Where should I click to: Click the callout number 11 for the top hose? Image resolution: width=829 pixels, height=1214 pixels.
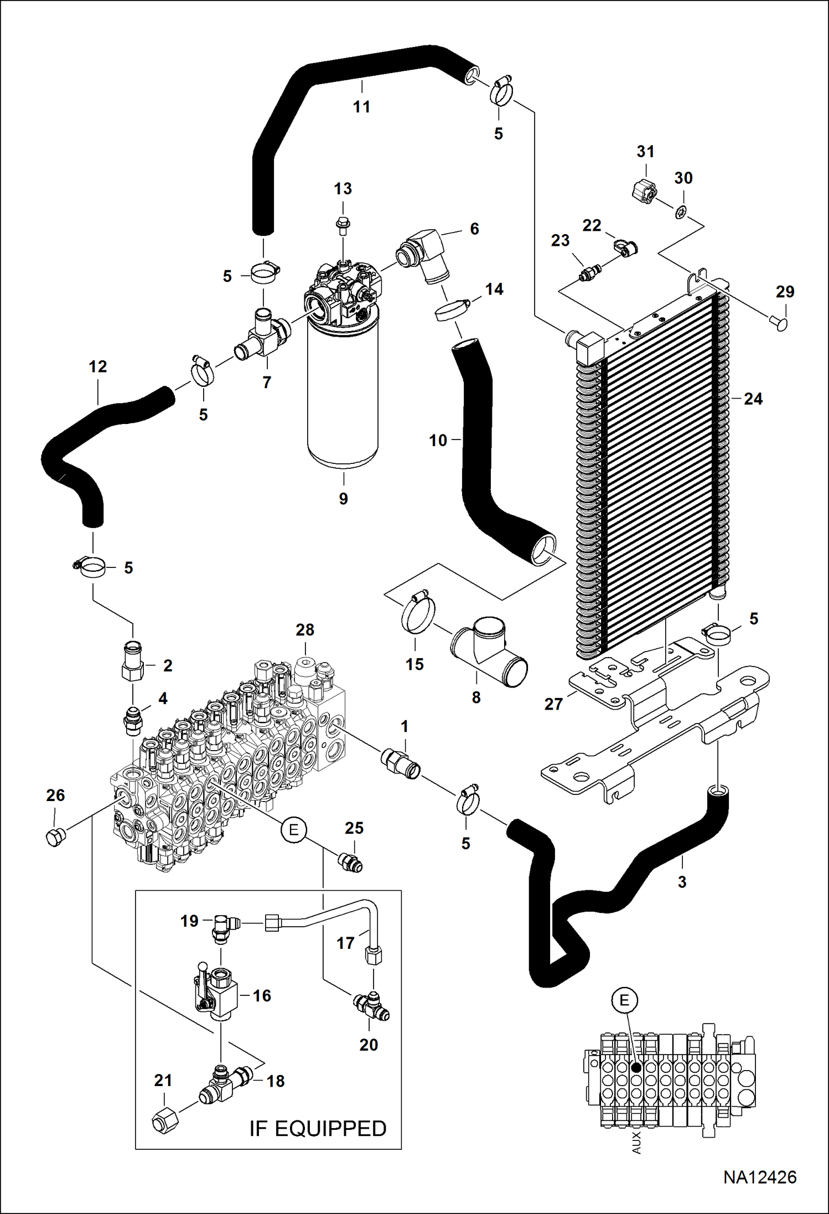[x=361, y=107]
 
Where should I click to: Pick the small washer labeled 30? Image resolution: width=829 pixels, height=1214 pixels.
[x=681, y=210]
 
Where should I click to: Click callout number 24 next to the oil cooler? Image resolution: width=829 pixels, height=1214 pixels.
[x=753, y=399]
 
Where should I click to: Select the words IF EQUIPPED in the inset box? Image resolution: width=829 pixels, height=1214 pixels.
[x=318, y=1128]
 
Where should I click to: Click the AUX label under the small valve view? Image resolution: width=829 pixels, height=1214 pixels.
[x=636, y=1142]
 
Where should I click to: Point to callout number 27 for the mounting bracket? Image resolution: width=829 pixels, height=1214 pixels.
[x=553, y=704]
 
